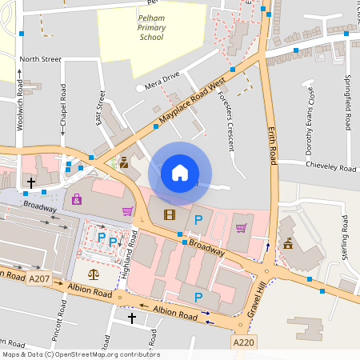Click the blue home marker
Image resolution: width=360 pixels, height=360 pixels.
point(180,173)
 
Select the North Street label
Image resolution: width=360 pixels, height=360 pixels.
point(40,59)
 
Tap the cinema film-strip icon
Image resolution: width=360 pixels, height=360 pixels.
point(169,214)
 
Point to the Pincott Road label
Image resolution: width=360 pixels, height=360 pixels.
point(62,316)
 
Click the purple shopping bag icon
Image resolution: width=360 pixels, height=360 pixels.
point(77,198)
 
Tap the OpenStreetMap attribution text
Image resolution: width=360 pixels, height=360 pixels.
point(80,354)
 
